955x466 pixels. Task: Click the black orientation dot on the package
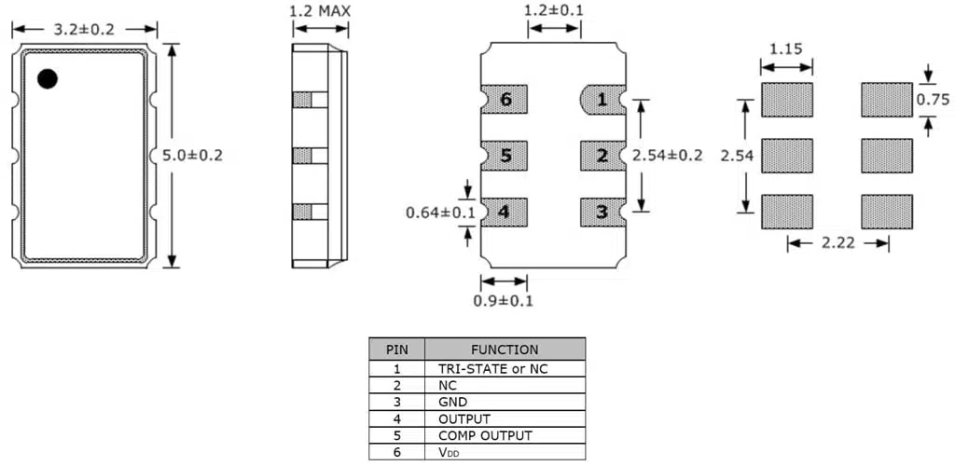point(47,78)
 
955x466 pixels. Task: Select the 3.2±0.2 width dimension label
point(85,29)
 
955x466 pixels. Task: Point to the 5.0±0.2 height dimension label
point(192,155)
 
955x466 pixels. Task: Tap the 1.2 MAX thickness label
point(321,10)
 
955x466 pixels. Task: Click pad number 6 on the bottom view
point(505,99)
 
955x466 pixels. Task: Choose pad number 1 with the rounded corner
point(602,99)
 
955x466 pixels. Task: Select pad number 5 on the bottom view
point(505,156)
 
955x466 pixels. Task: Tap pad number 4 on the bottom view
point(505,212)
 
